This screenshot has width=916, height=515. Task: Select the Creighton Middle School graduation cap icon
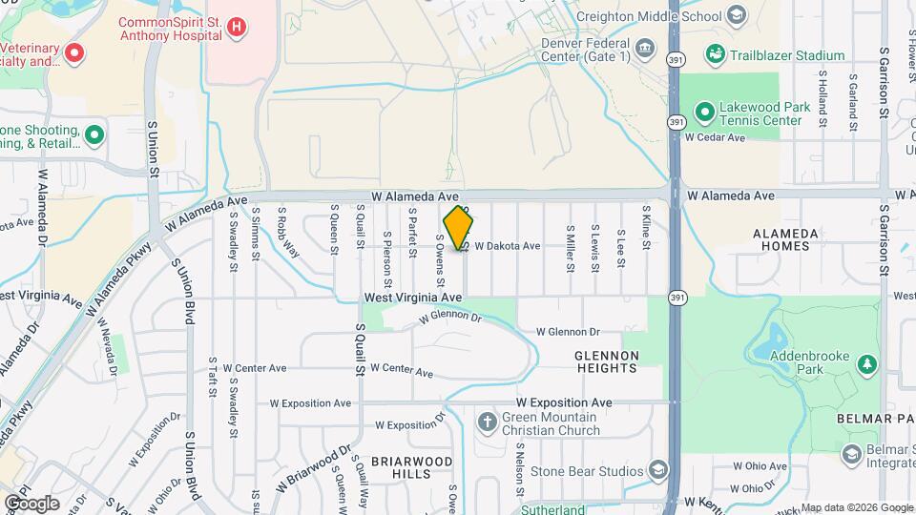pyautogui.click(x=736, y=16)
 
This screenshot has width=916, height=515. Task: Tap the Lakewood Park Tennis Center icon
pyautogui.click(x=704, y=113)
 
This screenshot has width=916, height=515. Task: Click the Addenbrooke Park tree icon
pyautogui.click(x=866, y=364)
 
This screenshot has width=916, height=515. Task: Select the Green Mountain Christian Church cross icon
pyautogui.click(x=487, y=422)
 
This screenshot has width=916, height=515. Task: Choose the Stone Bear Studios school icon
pyautogui.click(x=657, y=469)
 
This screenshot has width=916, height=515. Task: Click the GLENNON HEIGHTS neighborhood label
pyautogui.click(x=606, y=361)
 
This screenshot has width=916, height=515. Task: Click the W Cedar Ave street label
pyautogui.click(x=715, y=137)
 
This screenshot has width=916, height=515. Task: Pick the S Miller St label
pyautogui.click(x=570, y=248)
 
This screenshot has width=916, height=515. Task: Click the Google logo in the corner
pyautogui.click(x=32, y=503)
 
